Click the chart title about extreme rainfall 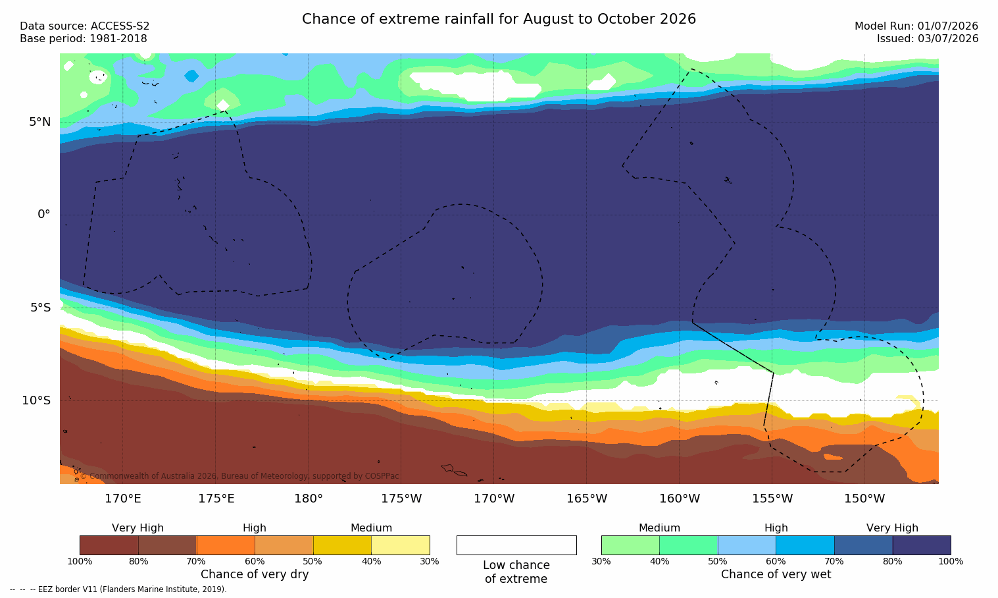(x=499, y=19)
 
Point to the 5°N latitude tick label (x=39, y=122)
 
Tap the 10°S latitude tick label (x=36, y=400)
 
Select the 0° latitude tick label (x=43, y=215)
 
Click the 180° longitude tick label (x=309, y=499)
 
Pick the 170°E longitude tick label (x=123, y=499)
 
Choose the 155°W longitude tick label (x=772, y=499)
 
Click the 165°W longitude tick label (x=587, y=499)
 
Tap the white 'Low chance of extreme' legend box (x=516, y=545)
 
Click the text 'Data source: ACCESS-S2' (x=85, y=26)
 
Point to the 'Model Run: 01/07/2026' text (x=916, y=26)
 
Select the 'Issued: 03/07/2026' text (x=928, y=39)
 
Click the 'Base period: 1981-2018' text (x=84, y=39)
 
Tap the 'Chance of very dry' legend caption (x=255, y=574)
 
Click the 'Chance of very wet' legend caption (x=776, y=574)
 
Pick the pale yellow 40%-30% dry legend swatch (x=401, y=545)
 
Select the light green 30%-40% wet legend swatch (x=630, y=545)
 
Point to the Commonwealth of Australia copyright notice (x=239, y=476)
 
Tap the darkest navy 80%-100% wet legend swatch (x=922, y=545)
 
